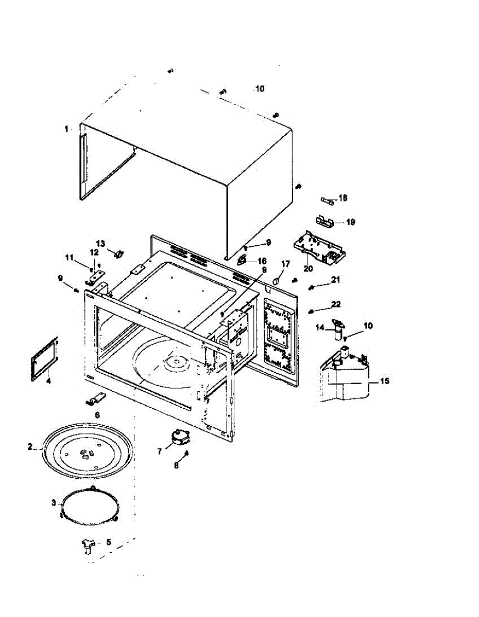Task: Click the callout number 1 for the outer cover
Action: [66, 129]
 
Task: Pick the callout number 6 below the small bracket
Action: [97, 414]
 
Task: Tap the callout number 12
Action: [94, 252]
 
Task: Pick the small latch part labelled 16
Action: [242, 260]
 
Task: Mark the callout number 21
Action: [336, 280]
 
